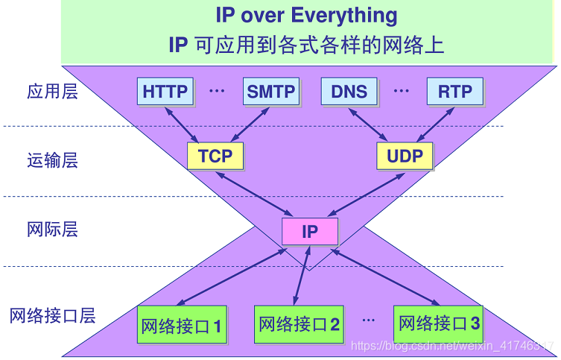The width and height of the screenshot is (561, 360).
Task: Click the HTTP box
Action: pyautogui.click(x=165, y=92)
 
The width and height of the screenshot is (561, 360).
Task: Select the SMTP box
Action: pyautogui.click(x=271, y=92)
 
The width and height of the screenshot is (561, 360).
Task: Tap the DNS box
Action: pyautogui.click(x=349, y=92)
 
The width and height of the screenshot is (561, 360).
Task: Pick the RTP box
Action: pyautogui.click(x=454, y=92)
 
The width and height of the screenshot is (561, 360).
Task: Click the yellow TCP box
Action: pyautogui.click(x=215, y=156)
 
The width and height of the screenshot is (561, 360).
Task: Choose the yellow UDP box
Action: pyautogui.click(x=405, y=156)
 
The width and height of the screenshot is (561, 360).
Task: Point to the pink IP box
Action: pyautogui.click(x=310, y=231)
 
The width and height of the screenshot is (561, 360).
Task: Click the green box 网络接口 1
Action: pyautogui.click(x=181, y=326)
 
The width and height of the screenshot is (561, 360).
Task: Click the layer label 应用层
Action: pyautogui.click(x=52, y=92)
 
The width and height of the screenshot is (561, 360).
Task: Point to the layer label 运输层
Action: pyautogui.click(x=52, y=160)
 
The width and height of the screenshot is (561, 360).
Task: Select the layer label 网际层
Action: pyautogui.click(x=52, y=230)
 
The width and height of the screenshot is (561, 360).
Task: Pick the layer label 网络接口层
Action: pyautogui.click(x=52, y=315)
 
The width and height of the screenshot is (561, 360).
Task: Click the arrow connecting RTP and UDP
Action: pyautogui.click(x=436, y=124)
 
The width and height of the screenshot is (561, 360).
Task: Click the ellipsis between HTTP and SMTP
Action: pyautogui.click(x=217, y=92)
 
